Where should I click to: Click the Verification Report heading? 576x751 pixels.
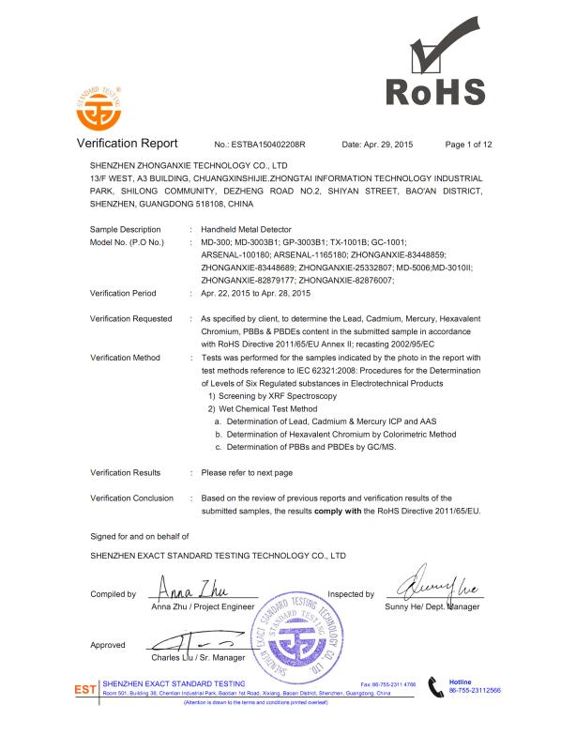pyautogui.click(x=127, y=145)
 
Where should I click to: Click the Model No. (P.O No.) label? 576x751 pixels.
pyautogui.click(x=128, y=242)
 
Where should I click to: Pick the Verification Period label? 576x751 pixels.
pyautogui.click(x=123, y=293)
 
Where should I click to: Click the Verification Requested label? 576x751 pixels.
pyautogui.click(x=131, y=319)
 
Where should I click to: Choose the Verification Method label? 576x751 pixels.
pyautogui.click(x=126, y=358)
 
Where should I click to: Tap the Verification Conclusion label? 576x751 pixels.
pyautogui.click(x=131, y=498)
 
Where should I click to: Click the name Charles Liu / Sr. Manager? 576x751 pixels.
pyautogui.click(x=198, y=658)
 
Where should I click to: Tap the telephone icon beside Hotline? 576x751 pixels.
pyautogui.click(x=434, y=686)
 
